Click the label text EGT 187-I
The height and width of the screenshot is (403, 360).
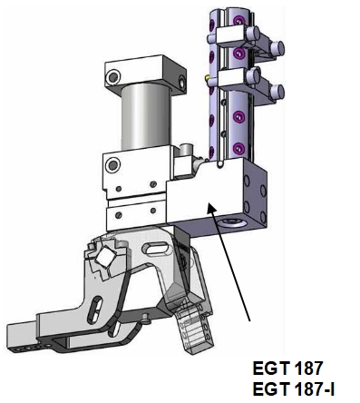293,389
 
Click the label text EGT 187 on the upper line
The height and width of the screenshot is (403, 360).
287,369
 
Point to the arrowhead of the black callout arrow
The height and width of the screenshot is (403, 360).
211,209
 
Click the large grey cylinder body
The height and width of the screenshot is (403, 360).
146,116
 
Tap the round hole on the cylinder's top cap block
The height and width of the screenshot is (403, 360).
113,76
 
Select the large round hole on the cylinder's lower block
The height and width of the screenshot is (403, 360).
112,165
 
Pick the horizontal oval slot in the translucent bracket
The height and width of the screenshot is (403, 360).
156,249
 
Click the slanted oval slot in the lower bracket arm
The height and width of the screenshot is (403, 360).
94,310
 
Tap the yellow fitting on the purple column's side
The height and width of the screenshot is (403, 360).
207,78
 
